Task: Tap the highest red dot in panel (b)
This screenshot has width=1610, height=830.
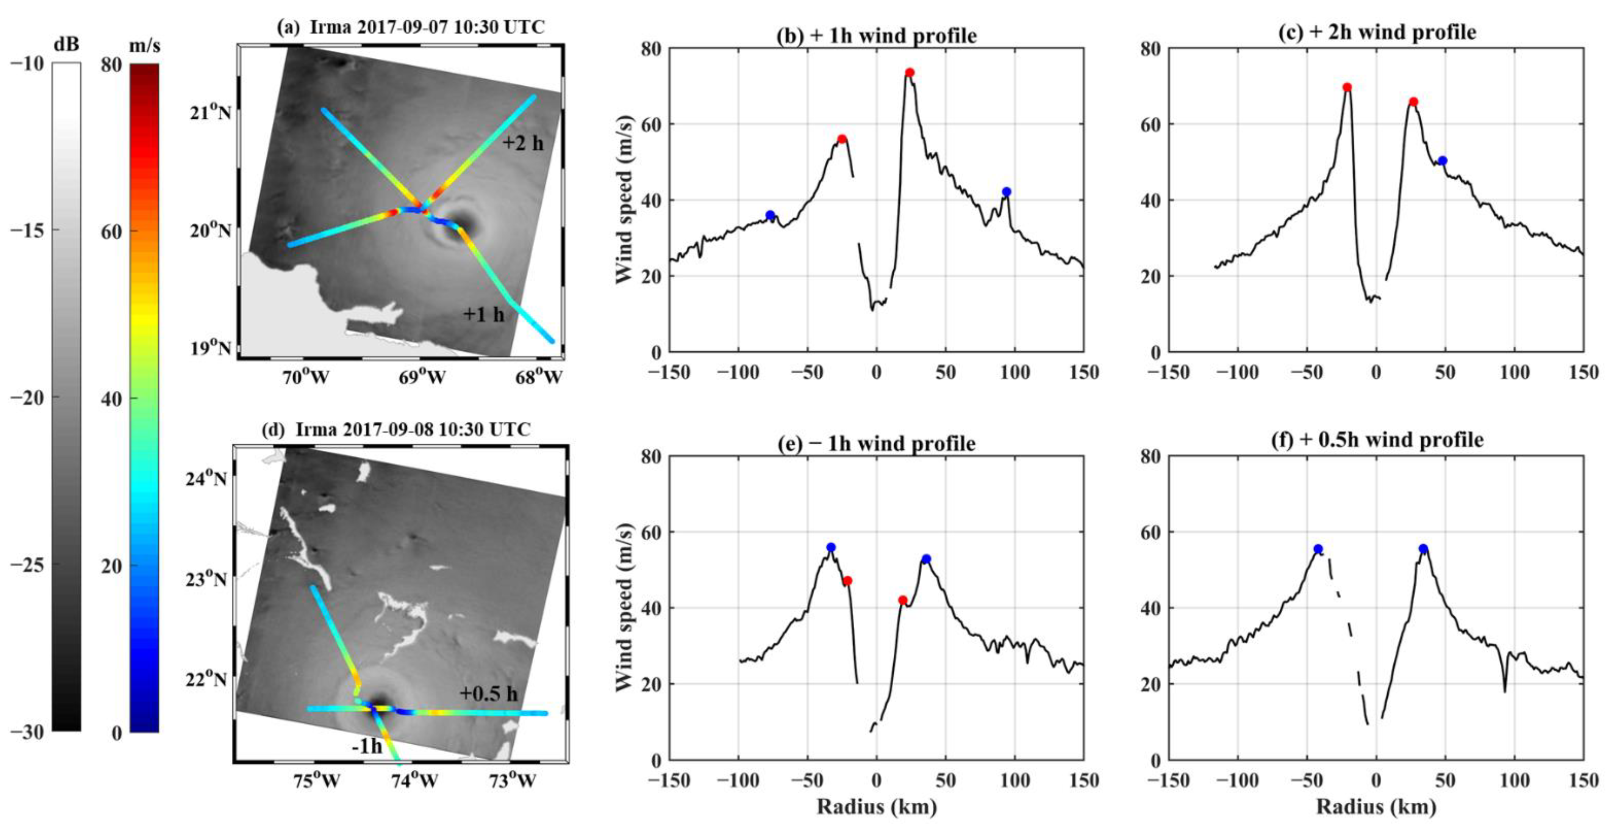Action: click(910, 72)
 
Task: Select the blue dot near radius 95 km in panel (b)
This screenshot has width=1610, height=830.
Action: click(1006, 192)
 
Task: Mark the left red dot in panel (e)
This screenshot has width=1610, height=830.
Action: click(847, 581)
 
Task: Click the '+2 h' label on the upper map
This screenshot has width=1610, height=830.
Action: click(522, 143)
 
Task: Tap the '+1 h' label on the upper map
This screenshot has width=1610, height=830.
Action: click(483, 314)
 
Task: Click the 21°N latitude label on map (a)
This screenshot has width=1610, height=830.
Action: click(211, 113)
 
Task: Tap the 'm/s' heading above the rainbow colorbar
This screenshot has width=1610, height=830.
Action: click(144, 45)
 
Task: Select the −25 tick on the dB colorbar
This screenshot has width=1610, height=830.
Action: click(27, 564)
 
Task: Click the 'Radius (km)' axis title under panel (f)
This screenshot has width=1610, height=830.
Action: click(1376, 807)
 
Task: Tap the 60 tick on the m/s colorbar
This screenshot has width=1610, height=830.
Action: click(111, 231)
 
